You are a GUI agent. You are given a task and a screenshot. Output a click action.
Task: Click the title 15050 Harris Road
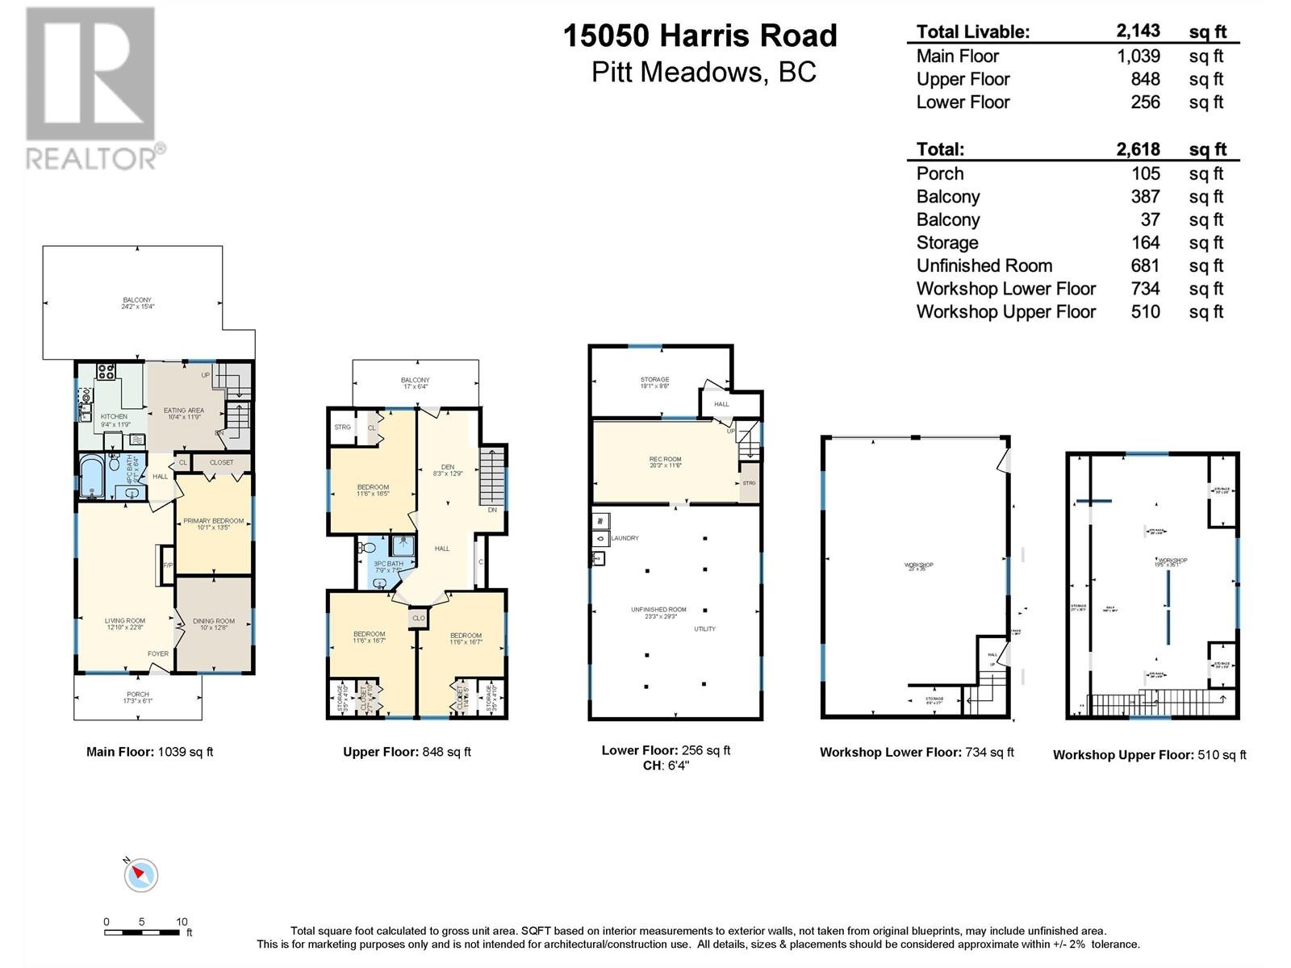click(700, 35)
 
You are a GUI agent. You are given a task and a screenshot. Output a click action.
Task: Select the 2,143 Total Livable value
click(1138, 31)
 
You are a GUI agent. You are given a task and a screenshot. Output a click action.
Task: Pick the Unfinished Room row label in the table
click(984, 265)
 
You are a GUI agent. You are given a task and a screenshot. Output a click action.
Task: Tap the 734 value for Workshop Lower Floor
click(1145, 288)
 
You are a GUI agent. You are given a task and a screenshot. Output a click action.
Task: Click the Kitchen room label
click(114, 417)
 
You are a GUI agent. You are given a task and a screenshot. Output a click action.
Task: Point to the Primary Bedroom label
click(213, 521)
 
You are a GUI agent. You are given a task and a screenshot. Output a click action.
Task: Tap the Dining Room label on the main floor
click(214, 621)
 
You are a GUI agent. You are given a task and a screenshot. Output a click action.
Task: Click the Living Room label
click(124, 621)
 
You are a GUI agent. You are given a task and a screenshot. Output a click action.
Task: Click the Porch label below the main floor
click(138, 694)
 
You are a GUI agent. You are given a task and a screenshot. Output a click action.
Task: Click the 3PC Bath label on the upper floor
click(388, 564)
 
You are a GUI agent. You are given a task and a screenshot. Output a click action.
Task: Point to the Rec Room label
click(665, 460)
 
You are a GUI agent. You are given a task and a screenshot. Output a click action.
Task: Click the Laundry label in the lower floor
click(625, 538)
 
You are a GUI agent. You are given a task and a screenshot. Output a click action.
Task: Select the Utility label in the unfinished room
click(704, 628)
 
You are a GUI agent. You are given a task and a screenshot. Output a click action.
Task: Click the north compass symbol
click(140, 875)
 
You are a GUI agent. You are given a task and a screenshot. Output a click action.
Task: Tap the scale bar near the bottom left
click(142, 933)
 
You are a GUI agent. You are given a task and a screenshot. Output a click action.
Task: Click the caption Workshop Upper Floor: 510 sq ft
click(1149, 755)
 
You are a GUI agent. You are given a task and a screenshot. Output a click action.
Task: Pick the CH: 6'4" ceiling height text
click(666, 766)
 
